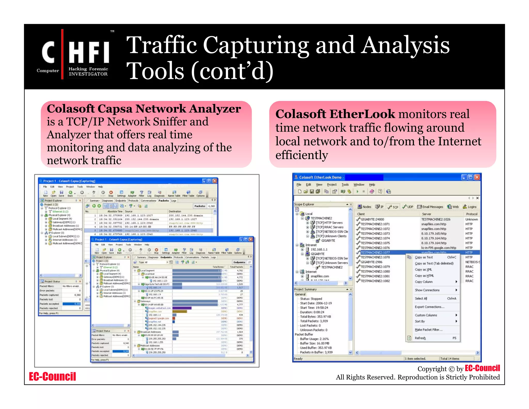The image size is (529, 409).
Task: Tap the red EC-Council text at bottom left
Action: tap(52, 376)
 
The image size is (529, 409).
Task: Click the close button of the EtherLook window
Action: tap(477, 177)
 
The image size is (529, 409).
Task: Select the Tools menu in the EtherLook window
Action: tap(345, 185)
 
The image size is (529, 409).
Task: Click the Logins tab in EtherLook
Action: tap(470, 207)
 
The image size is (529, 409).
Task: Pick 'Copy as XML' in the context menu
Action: tap(423, 269)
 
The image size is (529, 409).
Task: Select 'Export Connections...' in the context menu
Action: tap(430, 307)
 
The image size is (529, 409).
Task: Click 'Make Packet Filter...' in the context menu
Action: tap(429, 330)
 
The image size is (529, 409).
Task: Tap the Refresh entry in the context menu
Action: tap(420, 338)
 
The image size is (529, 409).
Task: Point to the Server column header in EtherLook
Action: tap(426, 214)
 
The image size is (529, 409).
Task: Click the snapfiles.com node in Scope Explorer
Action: tap(320, 276)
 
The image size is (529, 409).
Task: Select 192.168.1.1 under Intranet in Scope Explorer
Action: tap(319, 249)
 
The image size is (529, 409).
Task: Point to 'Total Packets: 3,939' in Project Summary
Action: tap(314, 321)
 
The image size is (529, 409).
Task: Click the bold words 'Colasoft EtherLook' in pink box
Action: tap(335, 114)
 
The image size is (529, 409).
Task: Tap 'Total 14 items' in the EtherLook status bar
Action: tap(450, 359)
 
